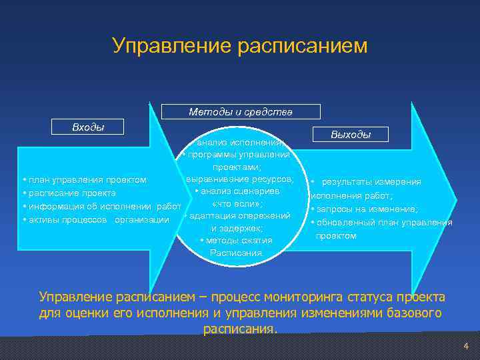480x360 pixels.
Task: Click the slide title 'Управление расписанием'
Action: (240, 45)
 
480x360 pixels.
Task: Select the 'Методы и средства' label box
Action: (241, 112)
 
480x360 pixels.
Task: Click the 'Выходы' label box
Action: (351, 135)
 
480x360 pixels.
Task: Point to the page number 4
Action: (466, 346)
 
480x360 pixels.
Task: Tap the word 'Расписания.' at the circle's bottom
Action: (237, 253)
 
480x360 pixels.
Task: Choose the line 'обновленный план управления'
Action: (384, 223)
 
